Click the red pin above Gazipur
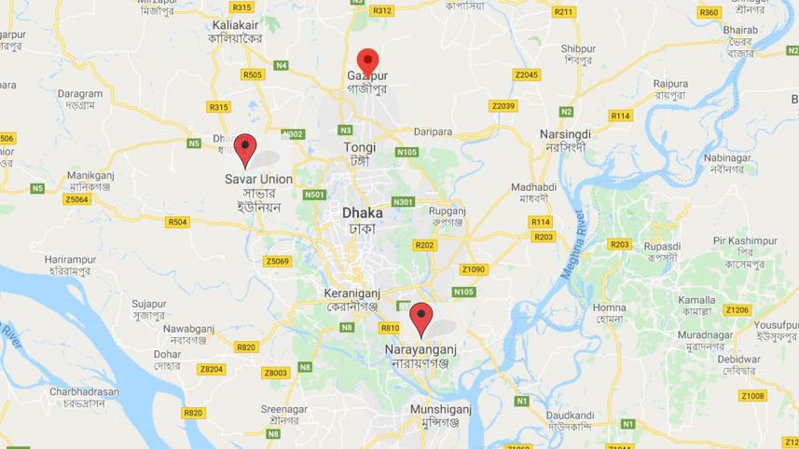pyautogui.click(x=367, y=61)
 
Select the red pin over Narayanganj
pyautogui.click(x=421, y=319)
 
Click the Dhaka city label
pyautogui.click(x=363, y=212)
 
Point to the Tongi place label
pyautogui.click(x=360, y=147)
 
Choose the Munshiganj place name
pyautogui.click(x=441, y=409)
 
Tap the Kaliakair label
pyautogui.click(x=234, y=24)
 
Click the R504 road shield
pyautogui.click(x=177, y=222)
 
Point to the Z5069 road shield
pyautogui.click(x=277, y=261)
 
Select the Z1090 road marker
pyautogui.click(x=474, y=269)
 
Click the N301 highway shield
pyautogui.click(x=403, y=201)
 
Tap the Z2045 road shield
pyautogui.click(x=527, y=75)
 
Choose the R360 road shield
pyautogui.click(x=709, y=12)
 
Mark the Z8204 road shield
pyautogui.click(x=212, y=369)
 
